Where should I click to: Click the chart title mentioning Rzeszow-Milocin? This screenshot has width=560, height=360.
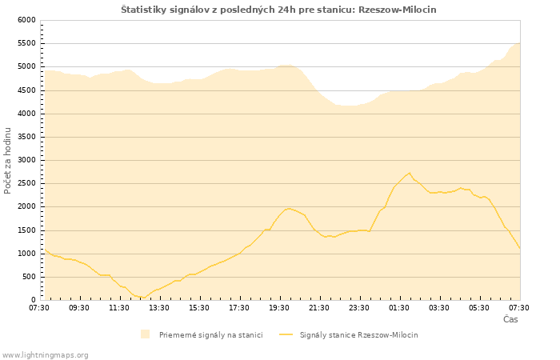(x=278, y=9)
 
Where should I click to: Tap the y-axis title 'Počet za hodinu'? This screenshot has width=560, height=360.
(x=8, y=160)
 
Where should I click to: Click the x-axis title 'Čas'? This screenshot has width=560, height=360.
(x=510, y=319)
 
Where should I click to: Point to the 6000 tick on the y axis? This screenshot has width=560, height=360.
(x=26, y=20)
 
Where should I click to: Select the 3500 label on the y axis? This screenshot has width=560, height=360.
(x=26, y=137)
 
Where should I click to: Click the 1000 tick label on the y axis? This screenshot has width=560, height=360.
(x=26, y=254)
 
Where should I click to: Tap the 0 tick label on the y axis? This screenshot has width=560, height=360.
(x=33, y=300)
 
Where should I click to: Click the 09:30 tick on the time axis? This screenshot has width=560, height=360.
(x=79, y=307)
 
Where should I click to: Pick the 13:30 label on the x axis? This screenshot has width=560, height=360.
(x=159, y=307)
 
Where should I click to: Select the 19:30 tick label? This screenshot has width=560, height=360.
(x=279, y=307)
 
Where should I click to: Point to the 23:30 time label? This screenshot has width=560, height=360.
(x=359, y=307)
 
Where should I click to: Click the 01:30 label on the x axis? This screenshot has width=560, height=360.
(x=399, y=307)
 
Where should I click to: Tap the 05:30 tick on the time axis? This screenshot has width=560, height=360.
(x=479, y=307)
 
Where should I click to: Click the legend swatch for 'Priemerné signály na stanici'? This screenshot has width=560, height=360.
(x=145, y=334)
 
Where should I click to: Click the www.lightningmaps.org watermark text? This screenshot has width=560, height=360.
(x=46, y=354)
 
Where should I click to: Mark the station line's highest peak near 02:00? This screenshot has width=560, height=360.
(x=410, y=173)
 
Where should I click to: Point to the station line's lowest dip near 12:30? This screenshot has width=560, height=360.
(x=142, y=298)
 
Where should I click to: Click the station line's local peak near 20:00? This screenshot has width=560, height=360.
(x=289, y=209)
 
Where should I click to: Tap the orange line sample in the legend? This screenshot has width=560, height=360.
(x=286, y=334)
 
